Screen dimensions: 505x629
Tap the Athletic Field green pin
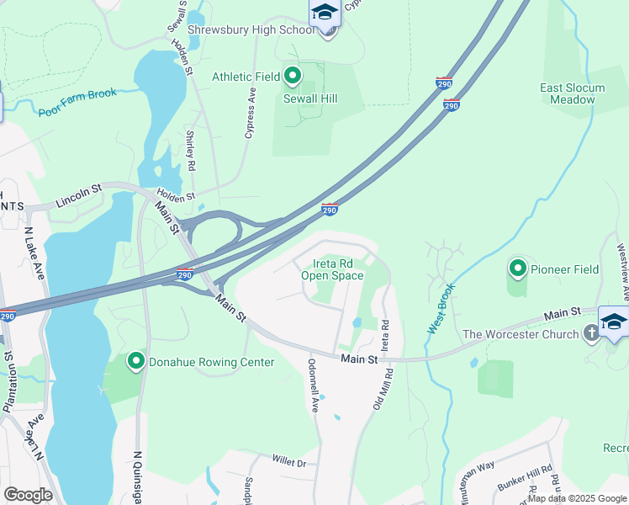click(293, 77)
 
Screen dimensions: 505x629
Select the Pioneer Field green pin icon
click(517, 269)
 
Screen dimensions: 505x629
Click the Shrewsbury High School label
click(251, 29)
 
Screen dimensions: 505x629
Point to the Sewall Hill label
click(310, 98)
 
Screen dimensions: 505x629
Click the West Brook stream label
click(441, 308)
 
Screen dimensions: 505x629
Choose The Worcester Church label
click(521, 334)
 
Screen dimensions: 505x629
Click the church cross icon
click(591, 334)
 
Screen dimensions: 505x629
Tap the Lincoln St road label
click(78, 197)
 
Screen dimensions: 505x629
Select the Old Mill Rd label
click(383, 388)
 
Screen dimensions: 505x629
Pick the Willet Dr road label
click(288, 461)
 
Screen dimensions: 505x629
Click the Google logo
click(28, 495)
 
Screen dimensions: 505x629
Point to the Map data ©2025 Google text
click(577, 497)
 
